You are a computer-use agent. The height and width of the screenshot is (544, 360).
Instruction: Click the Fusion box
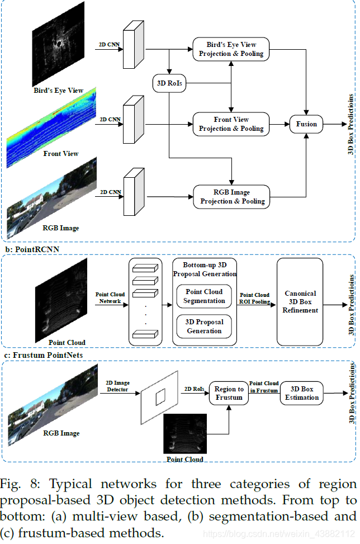[306, 124]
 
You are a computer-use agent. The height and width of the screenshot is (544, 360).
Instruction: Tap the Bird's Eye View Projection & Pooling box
[231, 49]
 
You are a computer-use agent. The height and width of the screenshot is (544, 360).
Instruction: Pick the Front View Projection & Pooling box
[231, 124]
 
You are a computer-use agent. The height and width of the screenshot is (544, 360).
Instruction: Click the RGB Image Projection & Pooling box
[231, 196]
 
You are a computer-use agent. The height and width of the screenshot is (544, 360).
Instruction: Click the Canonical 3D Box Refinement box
[300, 302]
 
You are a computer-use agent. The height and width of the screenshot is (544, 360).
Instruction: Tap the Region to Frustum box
[229, 393]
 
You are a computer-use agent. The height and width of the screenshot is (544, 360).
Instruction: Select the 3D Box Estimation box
[301, 393]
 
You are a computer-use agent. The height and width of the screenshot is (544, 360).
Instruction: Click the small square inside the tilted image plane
[160, 398]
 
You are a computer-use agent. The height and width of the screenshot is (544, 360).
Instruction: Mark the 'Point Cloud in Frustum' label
[264, 387]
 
